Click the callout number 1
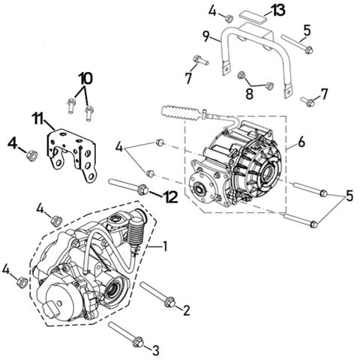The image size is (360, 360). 166,246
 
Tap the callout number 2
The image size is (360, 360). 186,309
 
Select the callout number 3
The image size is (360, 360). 155,349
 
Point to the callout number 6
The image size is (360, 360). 301,142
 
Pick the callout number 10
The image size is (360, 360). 85,77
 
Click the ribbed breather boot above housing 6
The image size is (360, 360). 184,114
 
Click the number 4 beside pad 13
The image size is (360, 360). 212,10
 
